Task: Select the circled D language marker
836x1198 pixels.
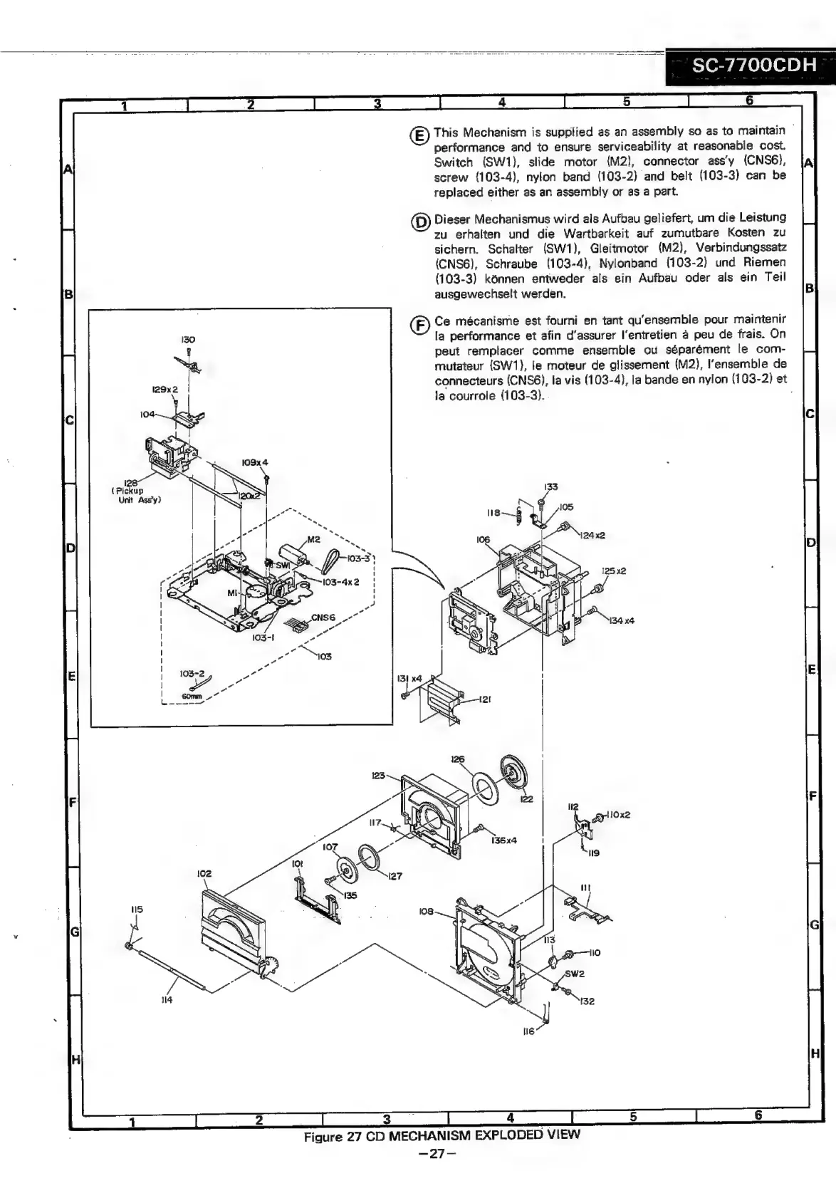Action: [421, 222]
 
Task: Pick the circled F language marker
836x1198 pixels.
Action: [421, 325]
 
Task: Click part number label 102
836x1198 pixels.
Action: [204, 873]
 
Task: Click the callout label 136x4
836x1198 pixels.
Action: [503, 840]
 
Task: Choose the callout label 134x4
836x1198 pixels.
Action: [621, 620]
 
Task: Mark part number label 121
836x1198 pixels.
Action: [484, 700]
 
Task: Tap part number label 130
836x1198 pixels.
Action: [187, 340]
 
